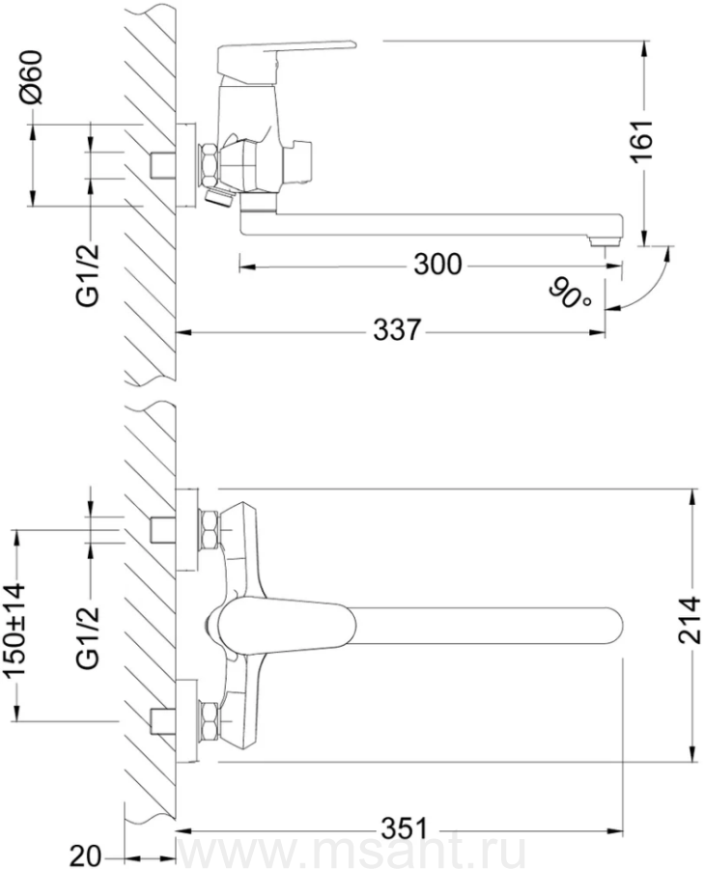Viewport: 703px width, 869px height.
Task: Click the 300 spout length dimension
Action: click(437, 265)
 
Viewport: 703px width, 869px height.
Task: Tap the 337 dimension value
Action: click(397, 331)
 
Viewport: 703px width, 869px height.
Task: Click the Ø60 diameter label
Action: click(31, 76)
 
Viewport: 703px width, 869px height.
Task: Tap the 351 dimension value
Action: click(406, 829)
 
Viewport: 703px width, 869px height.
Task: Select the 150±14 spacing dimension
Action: click(15, 630)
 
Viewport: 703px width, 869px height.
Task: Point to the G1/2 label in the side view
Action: click(88, 274)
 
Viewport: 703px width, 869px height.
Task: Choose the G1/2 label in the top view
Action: click(88, 637)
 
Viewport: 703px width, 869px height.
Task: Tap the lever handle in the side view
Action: click(286, 55)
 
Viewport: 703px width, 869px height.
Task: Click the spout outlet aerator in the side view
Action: click(605, 241)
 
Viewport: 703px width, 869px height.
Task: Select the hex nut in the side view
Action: click(209, 165)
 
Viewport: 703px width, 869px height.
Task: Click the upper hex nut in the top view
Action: click(210, 530)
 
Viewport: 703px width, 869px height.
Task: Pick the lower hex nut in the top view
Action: click(210, 720)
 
